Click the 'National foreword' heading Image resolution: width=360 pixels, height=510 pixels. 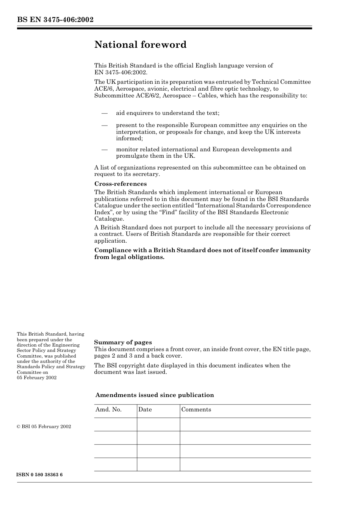pos(140,45)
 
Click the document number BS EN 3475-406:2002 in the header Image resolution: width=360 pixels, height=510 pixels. pos(55,20)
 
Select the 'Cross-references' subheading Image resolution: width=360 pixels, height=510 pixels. pos(120,184)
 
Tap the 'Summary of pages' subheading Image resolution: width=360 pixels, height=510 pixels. pos(123,342)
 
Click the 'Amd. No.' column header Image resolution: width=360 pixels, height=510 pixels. pos(108,410)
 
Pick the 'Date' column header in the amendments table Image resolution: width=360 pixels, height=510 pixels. pos(145,410)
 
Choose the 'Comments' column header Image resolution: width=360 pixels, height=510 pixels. pos(196,410)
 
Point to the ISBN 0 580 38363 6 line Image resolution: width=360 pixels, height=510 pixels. pos(39,475)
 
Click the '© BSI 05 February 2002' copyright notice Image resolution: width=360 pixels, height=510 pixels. pos(44,427)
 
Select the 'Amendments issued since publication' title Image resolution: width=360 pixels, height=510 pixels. pos(155,395)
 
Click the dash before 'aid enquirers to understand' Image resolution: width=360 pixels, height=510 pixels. pos(104,113)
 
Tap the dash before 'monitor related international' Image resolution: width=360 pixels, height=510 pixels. pos(104,149)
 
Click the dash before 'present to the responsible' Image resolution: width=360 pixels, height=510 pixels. pos(104,125)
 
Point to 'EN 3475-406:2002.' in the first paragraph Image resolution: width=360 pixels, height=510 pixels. pos(121,72)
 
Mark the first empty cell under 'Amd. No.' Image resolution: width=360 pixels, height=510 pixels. pos(115,424)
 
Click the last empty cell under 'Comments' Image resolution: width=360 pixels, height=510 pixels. pos(245,464)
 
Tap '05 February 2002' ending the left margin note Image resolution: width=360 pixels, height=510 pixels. pos(37,378)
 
